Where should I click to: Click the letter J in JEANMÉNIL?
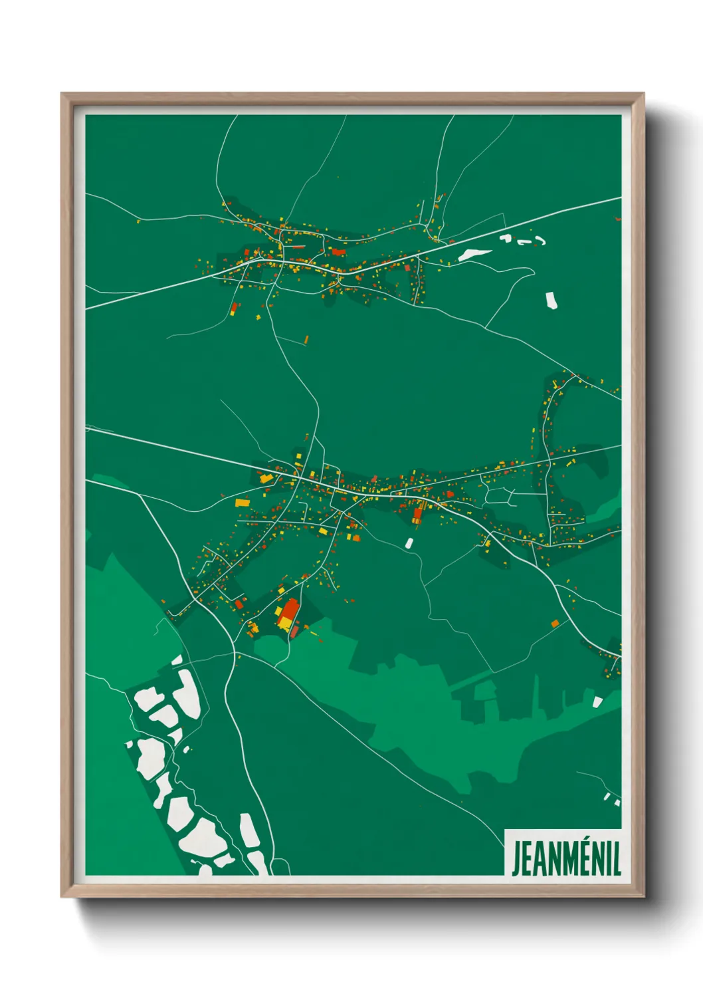pyautogui.click(x=516, y=859)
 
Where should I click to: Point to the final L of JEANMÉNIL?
pyautogui.click(x=617, y=859)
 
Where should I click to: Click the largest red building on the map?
pyautogui.click(x=288, y=612)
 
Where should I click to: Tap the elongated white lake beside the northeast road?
pyautogui.click(x=475, y=254)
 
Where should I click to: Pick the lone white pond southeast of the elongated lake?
pyautogui.click(x=551, y=301)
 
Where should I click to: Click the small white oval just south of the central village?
pyautogui.click(x=410, y=543)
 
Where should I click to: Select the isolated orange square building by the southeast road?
pyautogui.click(x=555, y=624)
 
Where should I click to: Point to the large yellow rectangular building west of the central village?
pyautogui.click(x=242, y=503)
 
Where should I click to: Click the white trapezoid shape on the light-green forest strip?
pyautogui.click(x=597, y=701)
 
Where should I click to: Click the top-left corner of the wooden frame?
pyautogui.click(x=62, y=94)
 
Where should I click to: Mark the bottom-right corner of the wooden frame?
pyautogui.click(x=643, y=896)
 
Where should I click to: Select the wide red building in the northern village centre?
pyautogui.click(x=338, y=252)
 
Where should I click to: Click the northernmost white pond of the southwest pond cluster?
pyautogui.click(x=178, y=660)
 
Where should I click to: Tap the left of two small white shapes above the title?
pyautogui.click(x=607, y=796)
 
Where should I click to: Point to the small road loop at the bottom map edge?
pyautogui.click(x=282, y=867)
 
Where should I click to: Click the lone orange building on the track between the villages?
pyautogui.click(x=306, y=340)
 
